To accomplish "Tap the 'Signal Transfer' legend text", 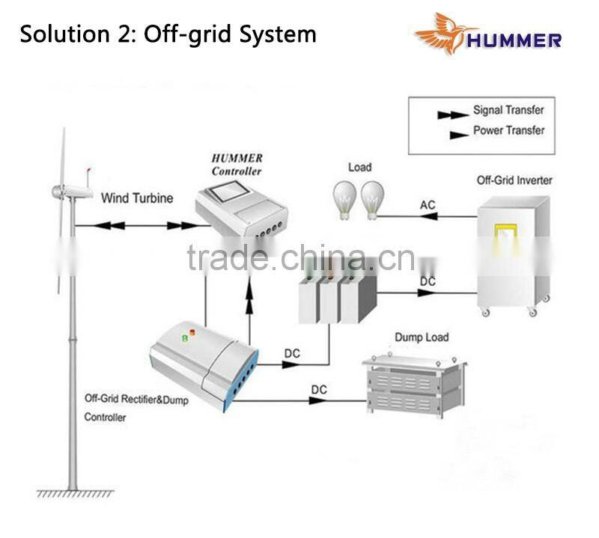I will pyautogui.click(x=508, y=111).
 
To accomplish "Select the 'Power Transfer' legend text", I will pyautogui.click(x=508, y=131).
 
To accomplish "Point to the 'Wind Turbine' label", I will pyautogui.click(x=137, y=198).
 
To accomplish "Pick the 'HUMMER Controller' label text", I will pyautogui.click(x=237, y=165).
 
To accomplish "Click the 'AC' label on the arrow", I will pyautogui.click(x=428, y=206).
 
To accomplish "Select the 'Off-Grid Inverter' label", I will pyautogui.click(x=514, y=180).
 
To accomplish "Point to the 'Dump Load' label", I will pyautogui.click(x=422, y=337).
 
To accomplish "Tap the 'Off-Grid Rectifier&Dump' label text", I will pyautogui.click(x=136, y=401).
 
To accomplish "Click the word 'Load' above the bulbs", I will pyautogui.click(x=359, y=168).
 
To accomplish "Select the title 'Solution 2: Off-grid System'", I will pyautogui.click(x=168, y=34).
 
